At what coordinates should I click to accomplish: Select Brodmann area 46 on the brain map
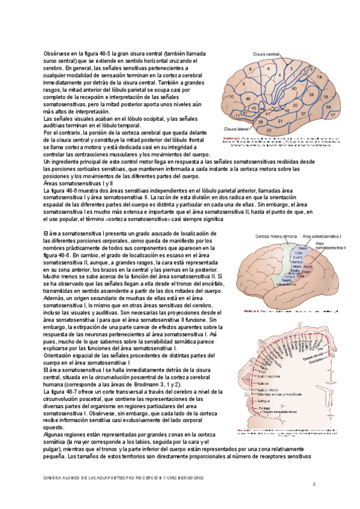tap(248, 98)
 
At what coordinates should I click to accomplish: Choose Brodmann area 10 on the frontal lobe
tap(231, 96)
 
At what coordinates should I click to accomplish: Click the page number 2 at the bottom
tap(314, 483)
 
